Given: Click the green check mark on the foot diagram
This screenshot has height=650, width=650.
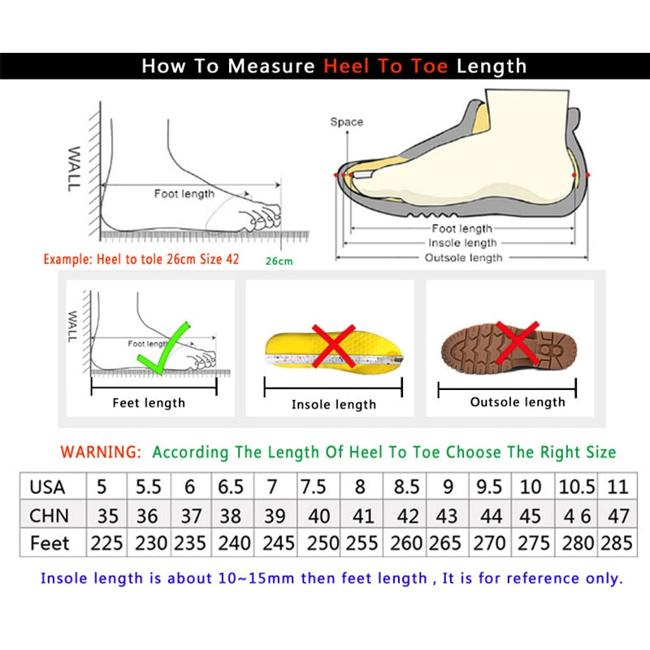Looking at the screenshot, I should point(162,349).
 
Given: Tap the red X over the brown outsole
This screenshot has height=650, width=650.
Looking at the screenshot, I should point(518,341).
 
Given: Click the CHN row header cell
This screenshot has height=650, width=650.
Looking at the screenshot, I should point(49,515).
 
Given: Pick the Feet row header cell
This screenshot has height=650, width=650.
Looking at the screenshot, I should point(50,543).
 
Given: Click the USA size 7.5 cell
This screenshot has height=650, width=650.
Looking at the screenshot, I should point(314,487).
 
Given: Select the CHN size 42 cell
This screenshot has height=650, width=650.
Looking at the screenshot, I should point(407,515).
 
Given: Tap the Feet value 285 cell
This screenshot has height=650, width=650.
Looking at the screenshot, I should point(616,543).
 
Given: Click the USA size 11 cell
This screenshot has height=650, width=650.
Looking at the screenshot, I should point(617,487).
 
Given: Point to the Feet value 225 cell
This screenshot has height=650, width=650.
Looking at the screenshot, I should point(106,543).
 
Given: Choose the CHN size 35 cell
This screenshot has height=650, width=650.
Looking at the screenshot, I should point(106,515).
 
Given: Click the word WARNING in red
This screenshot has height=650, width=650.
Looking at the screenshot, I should point(102,452).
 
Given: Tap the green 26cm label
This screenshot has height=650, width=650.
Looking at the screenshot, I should point(278,262).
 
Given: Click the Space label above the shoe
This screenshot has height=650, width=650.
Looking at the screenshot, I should point(346,122).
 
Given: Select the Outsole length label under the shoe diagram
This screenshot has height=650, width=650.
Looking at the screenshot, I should point(463,258).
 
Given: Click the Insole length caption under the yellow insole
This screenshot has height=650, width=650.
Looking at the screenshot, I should point(334,404).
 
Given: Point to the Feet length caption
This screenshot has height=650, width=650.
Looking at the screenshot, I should point(149,402).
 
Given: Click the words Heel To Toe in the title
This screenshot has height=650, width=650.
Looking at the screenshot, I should point(385,66).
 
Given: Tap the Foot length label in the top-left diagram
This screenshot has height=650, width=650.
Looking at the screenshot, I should point(184,193).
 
